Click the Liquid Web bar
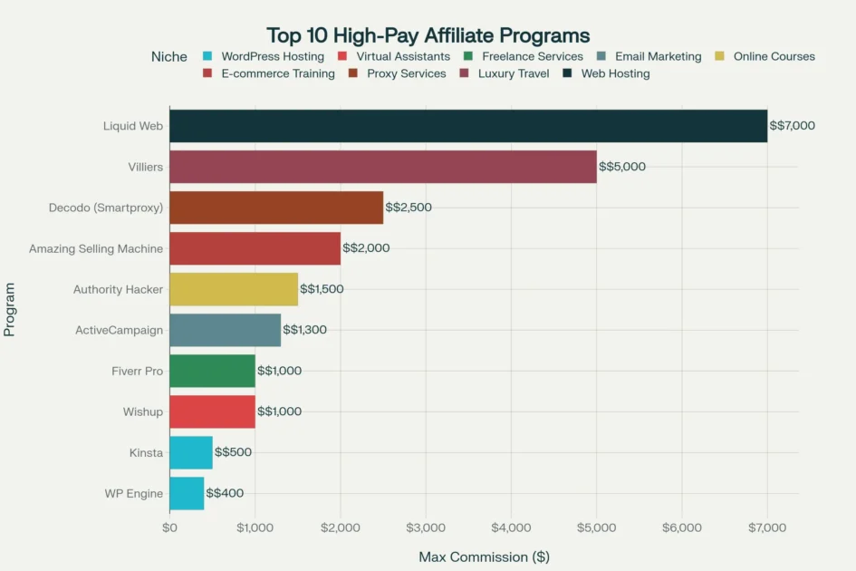(x=468, y=126)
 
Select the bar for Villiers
(x=383, y=167)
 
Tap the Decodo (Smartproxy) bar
(x=276, y=208)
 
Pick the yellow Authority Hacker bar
(x=234, y=289)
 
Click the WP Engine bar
(x=187, y=494)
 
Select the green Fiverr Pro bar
(x=212, y=371)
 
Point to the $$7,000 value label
(x=792, y=126)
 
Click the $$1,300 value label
(x=304, y=330)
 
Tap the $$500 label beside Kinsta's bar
(x=233, y=452)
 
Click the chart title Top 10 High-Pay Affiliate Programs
(x=428, y=35)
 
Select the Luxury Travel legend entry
(x=513, y=73)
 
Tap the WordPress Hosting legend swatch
(x=208, y=56)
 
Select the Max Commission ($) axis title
(x=484, y=556)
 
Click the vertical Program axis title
(x=10, y=308)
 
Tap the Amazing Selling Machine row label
(x=96, y=248)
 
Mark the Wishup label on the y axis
(x=143, y=411)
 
